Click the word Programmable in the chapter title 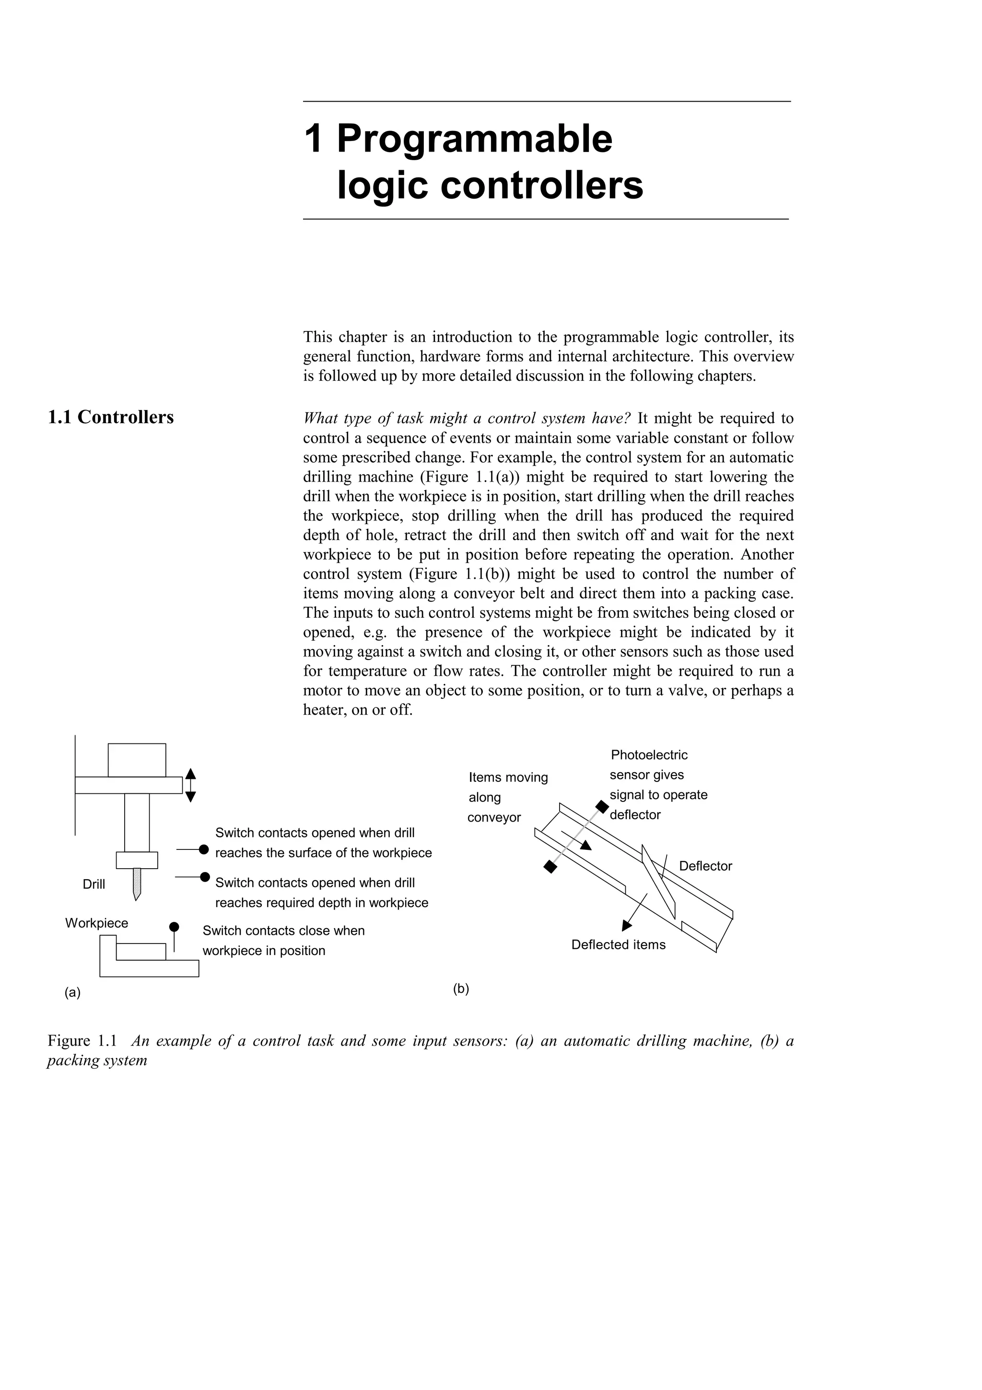pyautogui.click(x=474, y=139)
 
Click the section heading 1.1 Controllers pyautogui.click(x=111, y=418)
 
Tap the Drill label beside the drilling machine pyautogui.click(x=94, y=884)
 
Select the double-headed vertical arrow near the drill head pyautogui.click(x=190, y=785)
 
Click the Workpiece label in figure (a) pyautogui.click(x=97, y=923)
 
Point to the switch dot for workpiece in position pyautogui.click(x=174, y=927)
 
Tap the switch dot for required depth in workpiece pyautogui.click(x=205, y=877)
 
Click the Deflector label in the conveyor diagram pyautogui.click(x=705, y=866)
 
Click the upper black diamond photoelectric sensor pyautogui.click(x=602, y=807)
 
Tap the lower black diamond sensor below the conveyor pyautogui.click(x=550, y=867)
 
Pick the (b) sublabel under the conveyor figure pyautogui.click(x=461, y=989)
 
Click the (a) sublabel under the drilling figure pyautogui.click(x=72, y=992)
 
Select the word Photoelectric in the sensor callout pyautogui.click(x=649, y=755)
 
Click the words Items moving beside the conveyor pyautogui.click(x=508, y=777)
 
